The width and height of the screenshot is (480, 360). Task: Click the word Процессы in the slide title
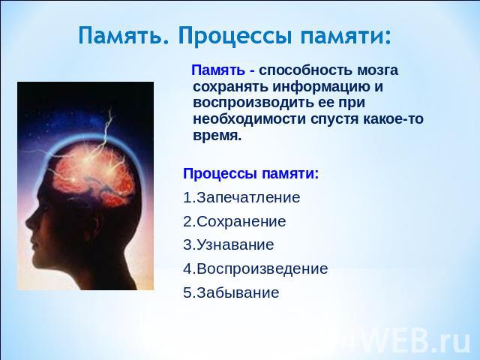(235, 37)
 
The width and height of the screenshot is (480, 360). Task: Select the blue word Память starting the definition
(218, 70)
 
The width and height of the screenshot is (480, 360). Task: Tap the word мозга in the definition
(377, 70)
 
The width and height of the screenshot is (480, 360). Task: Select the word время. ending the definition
(217, 135)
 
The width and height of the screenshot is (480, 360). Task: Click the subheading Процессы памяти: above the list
(251, 174)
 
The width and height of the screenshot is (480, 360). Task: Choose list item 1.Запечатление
(241, 197)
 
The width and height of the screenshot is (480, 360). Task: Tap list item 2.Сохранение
(235, 221)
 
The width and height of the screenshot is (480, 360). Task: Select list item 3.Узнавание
(228, 245)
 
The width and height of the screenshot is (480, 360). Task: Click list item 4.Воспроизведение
(255, 268)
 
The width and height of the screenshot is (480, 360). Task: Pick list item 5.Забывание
(231, 292)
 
